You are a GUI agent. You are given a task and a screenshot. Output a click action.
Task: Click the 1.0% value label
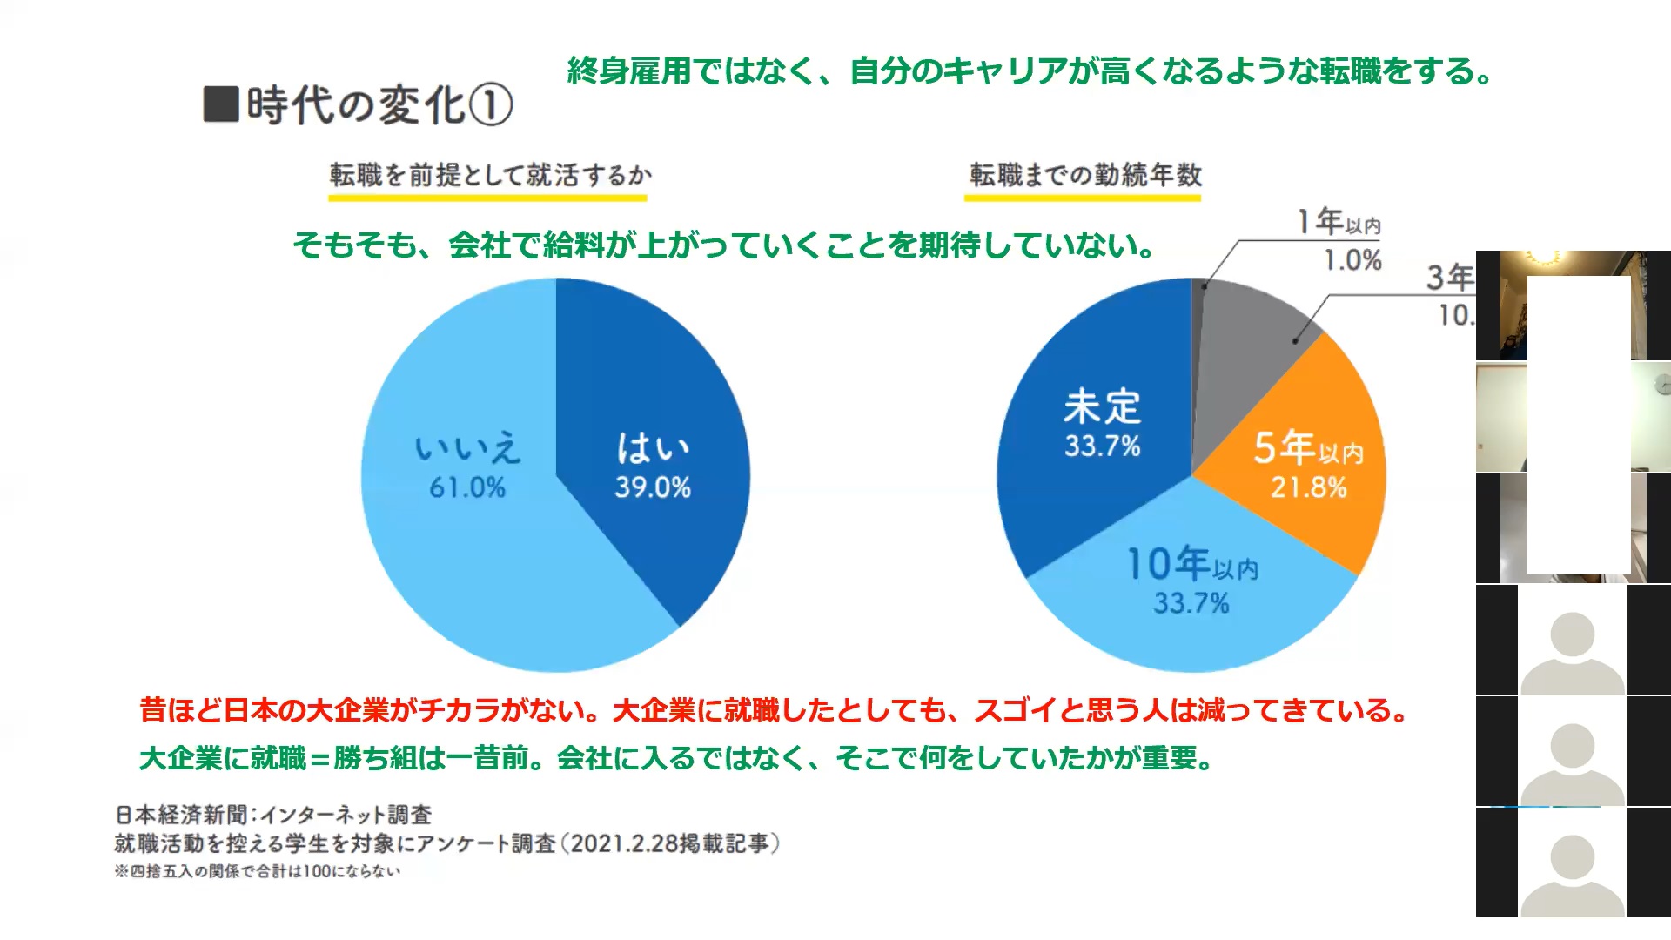[1352, 260]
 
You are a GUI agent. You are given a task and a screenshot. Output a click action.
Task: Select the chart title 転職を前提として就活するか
[490, 175]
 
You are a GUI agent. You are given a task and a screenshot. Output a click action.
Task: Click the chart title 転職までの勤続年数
[1085, 175]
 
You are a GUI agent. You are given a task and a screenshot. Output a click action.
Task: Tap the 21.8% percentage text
[1308, 487]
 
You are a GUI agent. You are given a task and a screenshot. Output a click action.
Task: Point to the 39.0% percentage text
[653, 487]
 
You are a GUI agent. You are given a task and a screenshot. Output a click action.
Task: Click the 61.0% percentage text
[467, 487]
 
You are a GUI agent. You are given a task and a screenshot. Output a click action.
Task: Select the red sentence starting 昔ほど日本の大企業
[773, 710]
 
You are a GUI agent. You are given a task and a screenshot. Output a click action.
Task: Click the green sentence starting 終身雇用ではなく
[1030, 70]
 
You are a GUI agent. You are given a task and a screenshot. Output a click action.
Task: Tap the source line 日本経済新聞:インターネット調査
[273, 815]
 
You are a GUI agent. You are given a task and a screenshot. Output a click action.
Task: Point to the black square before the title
[221, 104]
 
